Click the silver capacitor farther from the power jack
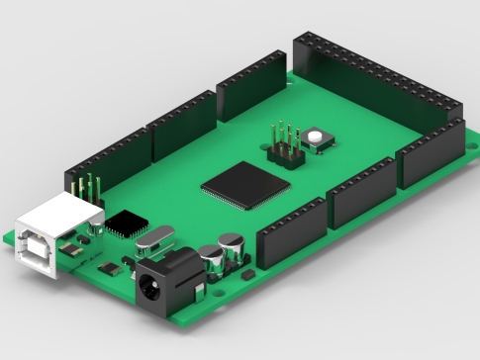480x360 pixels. pyautogui.click(x=230, y=247)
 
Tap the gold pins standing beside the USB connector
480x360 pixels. pyautogui.click(x=87, y=191)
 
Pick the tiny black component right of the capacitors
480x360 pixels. pyautogui.click(x=249, y=271)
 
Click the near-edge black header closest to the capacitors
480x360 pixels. pyautogui.click(x=291, y=231)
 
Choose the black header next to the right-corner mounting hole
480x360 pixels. pyautogui.click(x=430, y=152)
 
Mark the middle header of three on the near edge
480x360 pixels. pyautogui.click(x=360, y=192)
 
